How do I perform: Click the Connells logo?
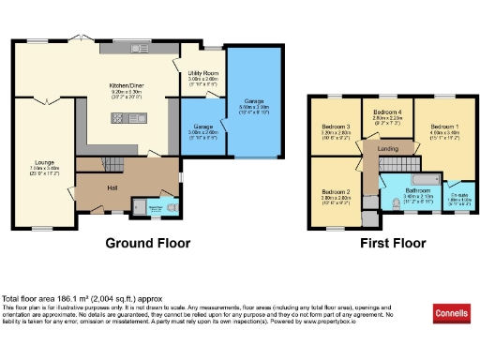click(x=452, y=311)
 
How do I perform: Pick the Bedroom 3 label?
click(x=336, y=127)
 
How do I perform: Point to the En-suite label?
click(x=454, y=194)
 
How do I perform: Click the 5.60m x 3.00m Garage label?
click(x=252, y=105)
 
